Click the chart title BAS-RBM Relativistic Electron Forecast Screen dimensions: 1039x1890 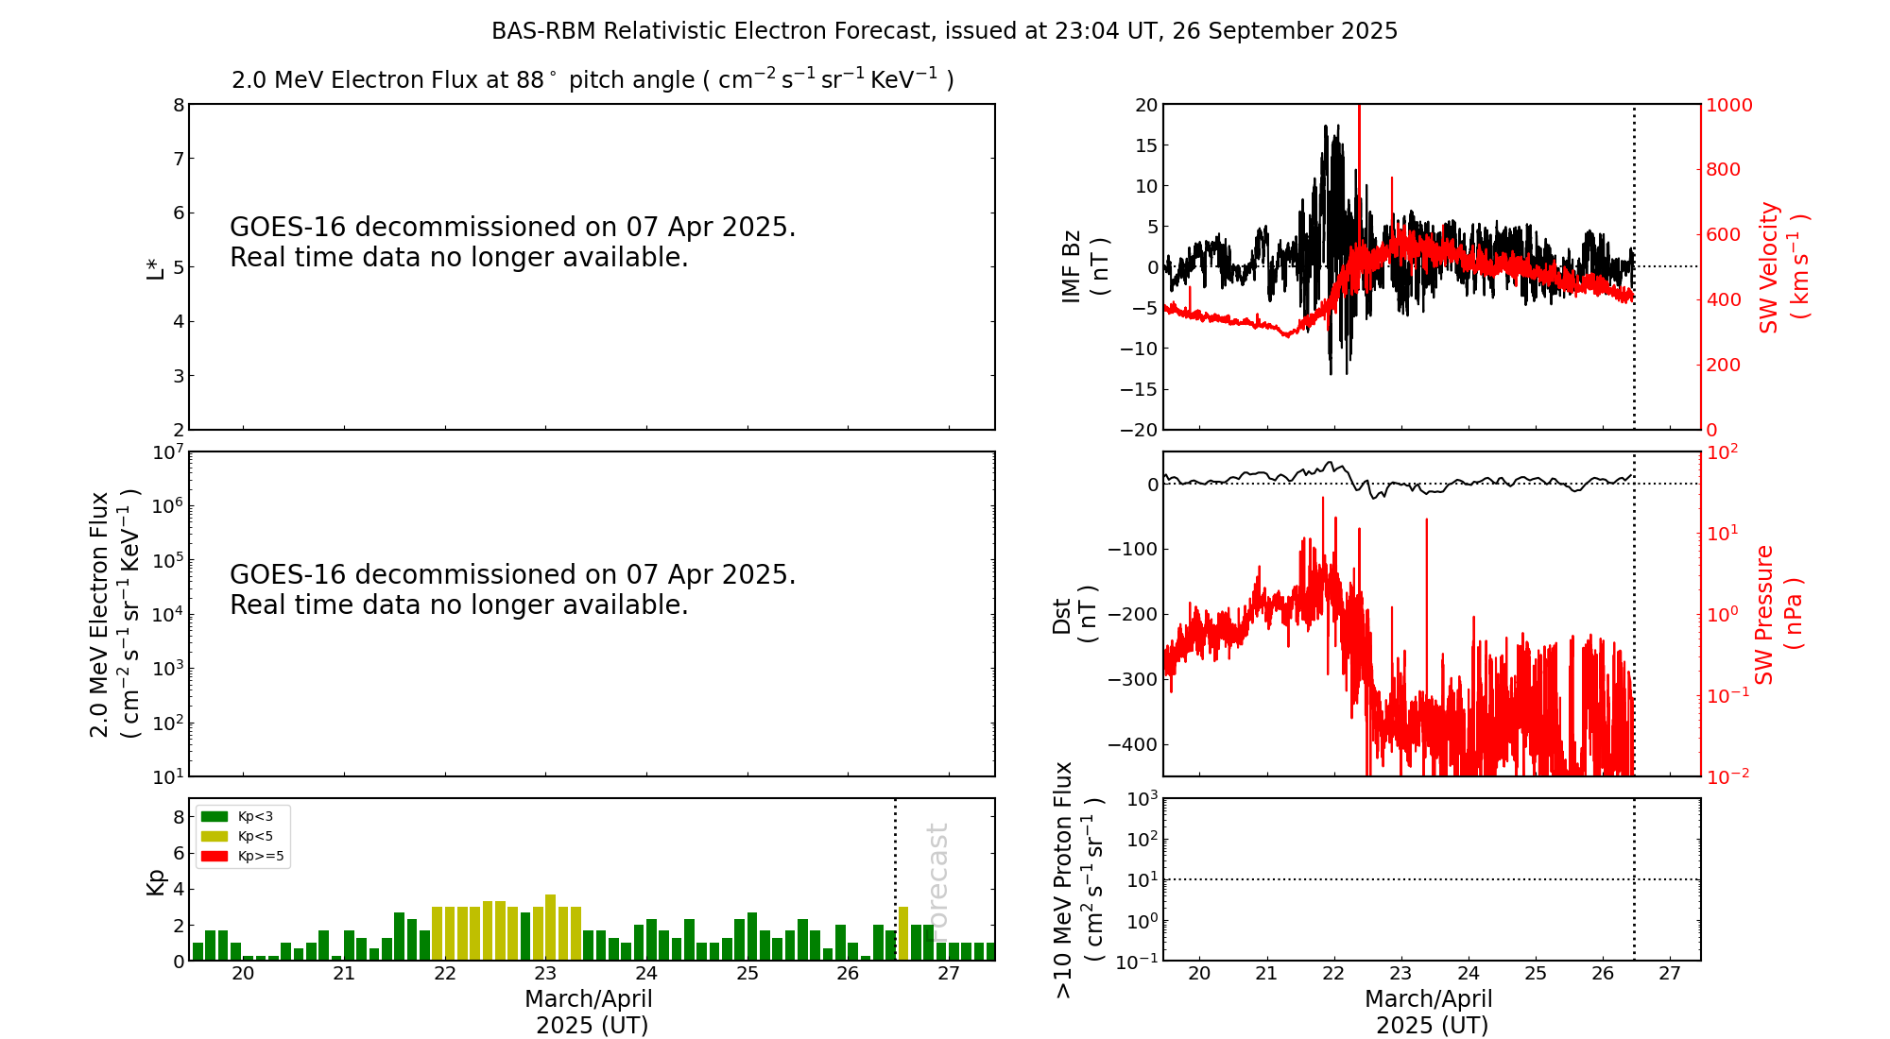[944, 31]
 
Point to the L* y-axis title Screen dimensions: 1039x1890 [155, 266]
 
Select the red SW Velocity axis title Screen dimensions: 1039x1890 [1782, 266]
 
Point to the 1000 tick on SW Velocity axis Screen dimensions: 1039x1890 [1728, 105]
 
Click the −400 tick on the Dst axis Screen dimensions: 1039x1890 [1133, 744]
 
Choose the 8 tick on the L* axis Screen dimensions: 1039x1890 [179, 105]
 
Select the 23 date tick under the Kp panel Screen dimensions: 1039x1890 [545, 974]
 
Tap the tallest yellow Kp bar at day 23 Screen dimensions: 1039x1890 [550, 927]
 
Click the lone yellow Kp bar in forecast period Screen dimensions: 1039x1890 [903, 933]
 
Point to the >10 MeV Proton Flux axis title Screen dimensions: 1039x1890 [1077, 879]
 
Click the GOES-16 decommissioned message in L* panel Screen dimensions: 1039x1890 [512, 242]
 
